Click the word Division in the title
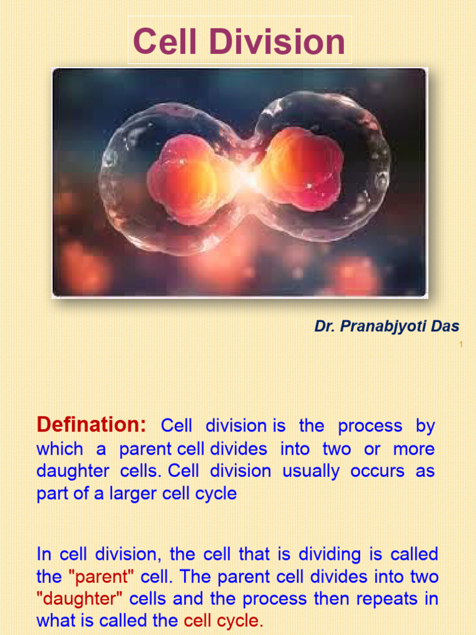pyautogui.click(x=273, y=42)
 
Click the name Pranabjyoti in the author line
pyautogui.click(x=387, y=327)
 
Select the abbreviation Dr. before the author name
pyautogui.click(x=324, y=327)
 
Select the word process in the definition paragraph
pyautogui.click(x=370, y=426)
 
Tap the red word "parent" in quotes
pyautogui.click(x=101, y=577)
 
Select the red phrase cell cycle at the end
pyautogui.click(x=224, y=621)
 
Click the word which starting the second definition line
pyautogui.click(x=59, y=448)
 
